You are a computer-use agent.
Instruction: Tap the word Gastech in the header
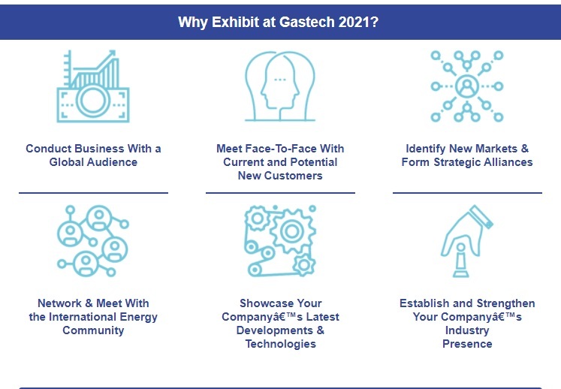click(309, 22)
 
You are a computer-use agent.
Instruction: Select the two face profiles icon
click(279, 86)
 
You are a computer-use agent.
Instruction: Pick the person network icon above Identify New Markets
click(467, 86)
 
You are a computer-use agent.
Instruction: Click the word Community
click(93, 330)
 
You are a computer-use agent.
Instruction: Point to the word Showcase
click(269, 303)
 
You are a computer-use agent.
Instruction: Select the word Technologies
click(280, 344)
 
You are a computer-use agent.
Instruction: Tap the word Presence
click(467, 344)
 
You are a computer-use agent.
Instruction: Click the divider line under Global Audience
click(93, 193)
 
